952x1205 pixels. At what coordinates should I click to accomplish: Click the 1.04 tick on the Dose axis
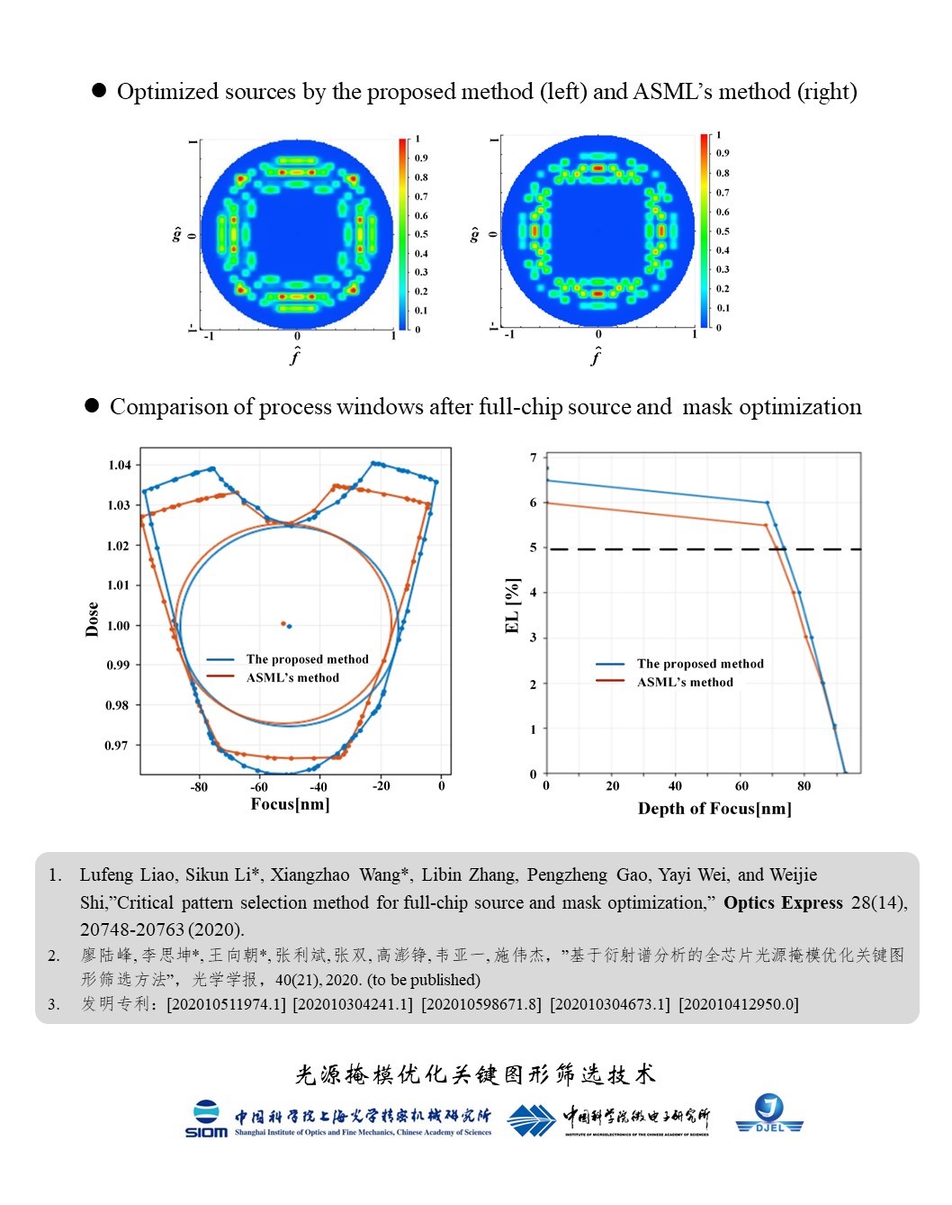[x=120, y=466]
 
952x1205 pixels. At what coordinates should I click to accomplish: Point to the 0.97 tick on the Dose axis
[x=116, y=746]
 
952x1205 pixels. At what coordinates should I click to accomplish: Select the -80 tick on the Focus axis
[x=199, y=787]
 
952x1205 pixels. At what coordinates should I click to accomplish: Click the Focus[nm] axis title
[x=290, y=804]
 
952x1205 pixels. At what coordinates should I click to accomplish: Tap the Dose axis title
[x=92, y=620]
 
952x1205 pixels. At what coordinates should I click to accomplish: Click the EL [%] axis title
[x=513, y=606]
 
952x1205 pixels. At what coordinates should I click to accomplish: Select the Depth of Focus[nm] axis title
[x=714, y=809]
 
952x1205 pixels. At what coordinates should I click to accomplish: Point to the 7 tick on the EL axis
[x=534, y=458]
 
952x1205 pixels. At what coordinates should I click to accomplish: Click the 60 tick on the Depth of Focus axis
[x=741, y=786]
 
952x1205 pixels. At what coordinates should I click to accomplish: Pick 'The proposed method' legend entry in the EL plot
[x=700, y=664]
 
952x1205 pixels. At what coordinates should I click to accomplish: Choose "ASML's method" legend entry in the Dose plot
[x=292, y=678]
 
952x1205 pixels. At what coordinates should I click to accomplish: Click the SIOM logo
[x=206, y=1119]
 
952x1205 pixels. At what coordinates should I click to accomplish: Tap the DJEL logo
[x=769, y=1114]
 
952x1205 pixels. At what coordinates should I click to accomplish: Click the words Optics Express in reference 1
[x=783, y=903]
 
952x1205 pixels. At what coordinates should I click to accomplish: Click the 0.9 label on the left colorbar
[x=421, y=159]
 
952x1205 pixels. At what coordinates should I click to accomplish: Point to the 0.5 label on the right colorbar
[x=723, y=231]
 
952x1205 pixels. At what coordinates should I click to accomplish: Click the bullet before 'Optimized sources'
[x=99, y=90]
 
